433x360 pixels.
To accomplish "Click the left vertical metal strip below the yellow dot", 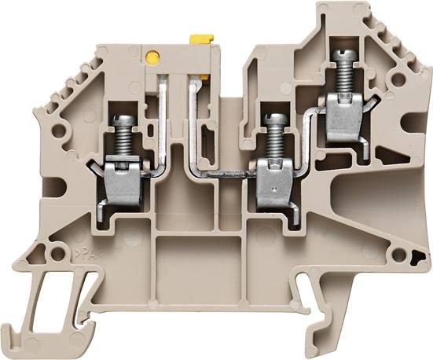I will click(x=163, y=118).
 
